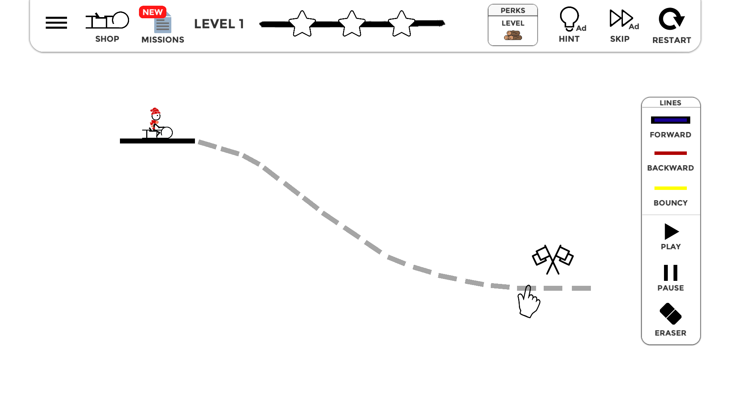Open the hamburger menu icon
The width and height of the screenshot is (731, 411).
click(56, 23)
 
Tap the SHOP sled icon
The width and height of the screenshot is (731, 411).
click(107, 20)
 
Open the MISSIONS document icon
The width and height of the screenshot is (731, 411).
click(163, 24)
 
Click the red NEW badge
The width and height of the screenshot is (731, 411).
click(152, 12)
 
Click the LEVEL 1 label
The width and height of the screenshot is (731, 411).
click(219, 24)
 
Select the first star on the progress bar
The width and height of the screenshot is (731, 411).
click(302, 24)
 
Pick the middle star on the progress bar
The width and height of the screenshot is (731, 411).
click(352, 24)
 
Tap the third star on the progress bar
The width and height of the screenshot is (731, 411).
click(401, 24)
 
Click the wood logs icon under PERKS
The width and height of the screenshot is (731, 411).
click(513, 35)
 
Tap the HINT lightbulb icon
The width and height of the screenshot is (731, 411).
click(570, 19)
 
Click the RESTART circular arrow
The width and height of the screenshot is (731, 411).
click(672, 19)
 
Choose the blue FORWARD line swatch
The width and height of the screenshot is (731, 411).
click(670, 120)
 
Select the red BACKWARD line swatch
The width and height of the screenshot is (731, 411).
click(670, 153)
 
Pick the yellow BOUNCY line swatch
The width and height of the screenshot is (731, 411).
click(670, 188)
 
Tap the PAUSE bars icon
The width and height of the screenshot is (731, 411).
click(671, 273)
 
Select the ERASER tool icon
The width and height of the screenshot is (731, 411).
click(670, 314)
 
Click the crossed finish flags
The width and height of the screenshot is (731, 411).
click(553, 260)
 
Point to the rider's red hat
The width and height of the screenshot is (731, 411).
click(155, 111)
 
